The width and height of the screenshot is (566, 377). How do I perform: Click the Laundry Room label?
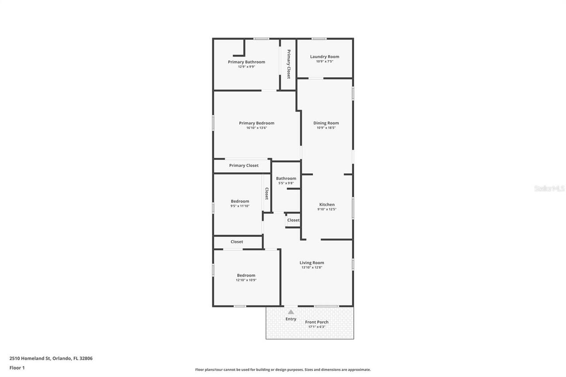tap(325, 57)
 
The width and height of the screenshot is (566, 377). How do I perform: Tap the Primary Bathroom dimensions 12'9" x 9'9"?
tap(246, 67)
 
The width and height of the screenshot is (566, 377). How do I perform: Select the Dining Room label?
tap(326, 123)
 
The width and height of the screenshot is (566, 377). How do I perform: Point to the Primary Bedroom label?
tap(256, 123)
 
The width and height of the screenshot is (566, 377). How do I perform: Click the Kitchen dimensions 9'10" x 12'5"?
tap(327, 209)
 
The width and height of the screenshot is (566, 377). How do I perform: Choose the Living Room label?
tap(312, 263)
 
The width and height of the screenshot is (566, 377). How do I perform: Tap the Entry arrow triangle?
tap(291, 312)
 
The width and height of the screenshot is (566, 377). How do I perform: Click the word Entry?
tap(291, 319)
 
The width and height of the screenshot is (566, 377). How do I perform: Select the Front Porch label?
tap(317, 322)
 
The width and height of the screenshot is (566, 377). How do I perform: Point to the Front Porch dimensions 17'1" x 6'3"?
tap(317, 327)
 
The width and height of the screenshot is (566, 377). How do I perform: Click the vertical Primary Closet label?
tap(289, 64)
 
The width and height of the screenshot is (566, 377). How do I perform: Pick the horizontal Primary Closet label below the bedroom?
tap(244, 165)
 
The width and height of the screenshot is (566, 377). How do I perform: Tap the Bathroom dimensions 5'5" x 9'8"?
tap(286, 183)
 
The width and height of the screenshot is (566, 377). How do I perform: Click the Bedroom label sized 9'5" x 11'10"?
tap(240, 201)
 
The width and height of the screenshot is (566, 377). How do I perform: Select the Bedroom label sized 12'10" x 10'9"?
tap(246, 275)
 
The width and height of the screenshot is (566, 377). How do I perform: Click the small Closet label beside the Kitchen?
tap(293, 220)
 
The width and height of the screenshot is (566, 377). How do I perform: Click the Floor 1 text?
tap(17, 368)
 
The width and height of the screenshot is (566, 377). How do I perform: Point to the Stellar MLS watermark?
tap(550, 188)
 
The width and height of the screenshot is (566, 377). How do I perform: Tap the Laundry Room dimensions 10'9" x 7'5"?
tap(325, 61)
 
